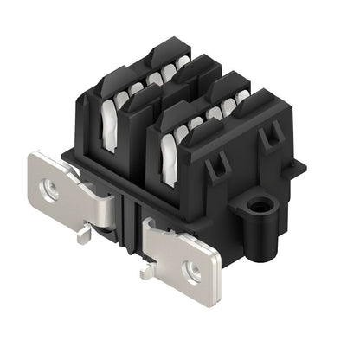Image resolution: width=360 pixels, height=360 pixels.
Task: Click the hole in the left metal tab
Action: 51,191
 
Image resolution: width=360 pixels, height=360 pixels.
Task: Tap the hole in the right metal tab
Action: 193,272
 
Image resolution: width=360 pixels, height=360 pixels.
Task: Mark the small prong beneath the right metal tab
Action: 146,272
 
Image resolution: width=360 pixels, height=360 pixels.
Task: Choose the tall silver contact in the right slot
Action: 169,157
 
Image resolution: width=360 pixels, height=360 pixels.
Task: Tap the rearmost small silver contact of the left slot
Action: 183,63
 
